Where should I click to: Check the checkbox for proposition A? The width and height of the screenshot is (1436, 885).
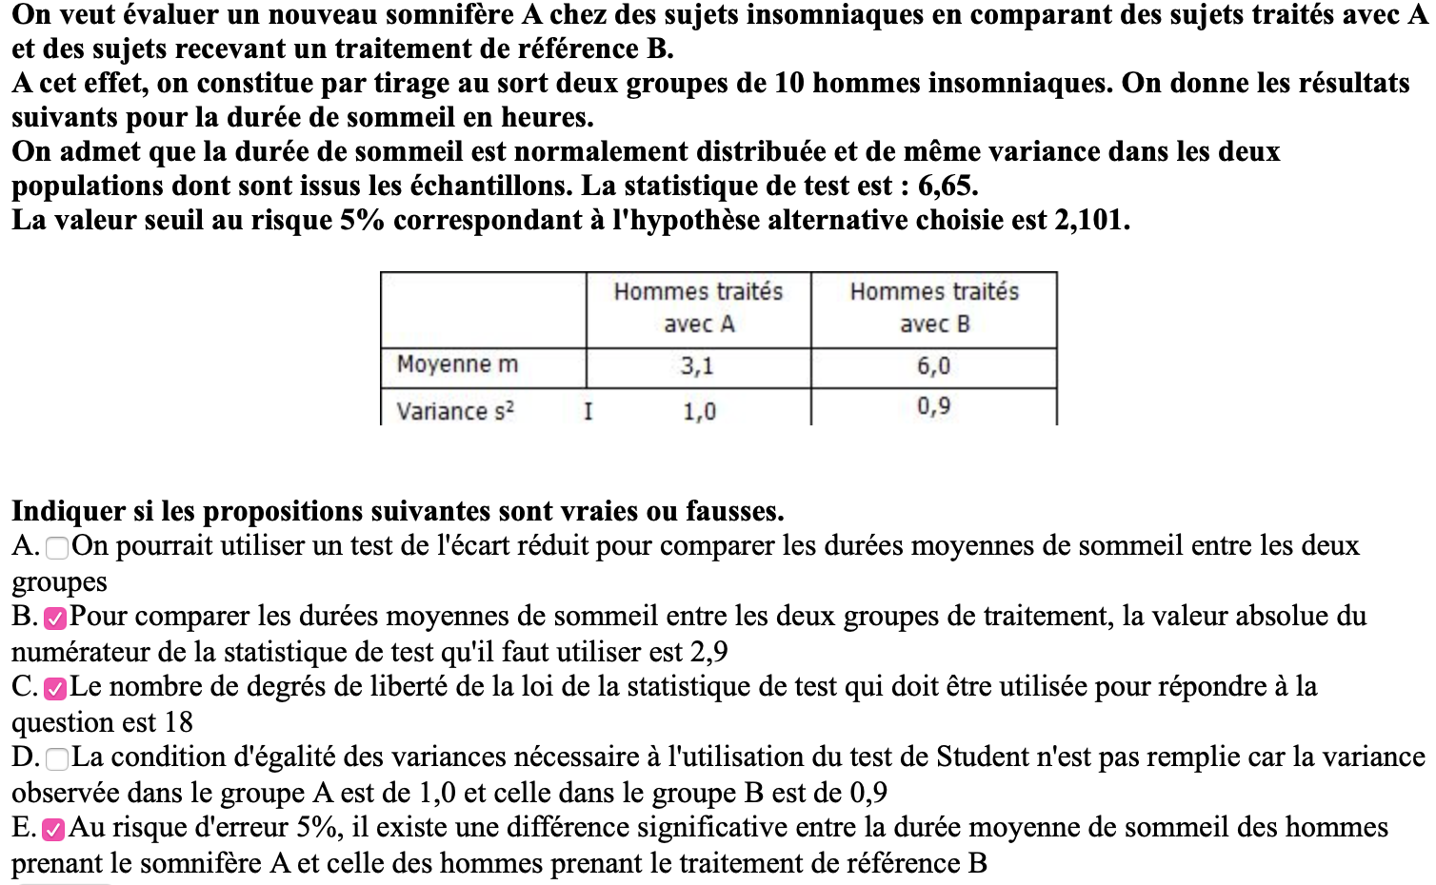click(57, 547)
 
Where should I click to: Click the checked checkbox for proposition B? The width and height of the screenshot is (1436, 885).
click(55, 618)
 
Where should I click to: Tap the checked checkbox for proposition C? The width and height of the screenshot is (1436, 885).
click(55, 688)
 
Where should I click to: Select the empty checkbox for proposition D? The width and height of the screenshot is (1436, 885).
click(57, 758)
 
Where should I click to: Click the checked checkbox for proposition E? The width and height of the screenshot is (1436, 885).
click(54, 829)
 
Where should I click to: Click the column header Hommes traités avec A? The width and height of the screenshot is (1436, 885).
click(698, 307)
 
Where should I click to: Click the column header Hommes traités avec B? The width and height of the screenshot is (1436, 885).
click(934, 307)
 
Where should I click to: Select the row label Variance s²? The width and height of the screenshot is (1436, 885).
click(455, 411)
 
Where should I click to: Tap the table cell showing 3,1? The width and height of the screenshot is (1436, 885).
click(697, 366)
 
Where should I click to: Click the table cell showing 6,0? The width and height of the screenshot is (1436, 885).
click(933, 366)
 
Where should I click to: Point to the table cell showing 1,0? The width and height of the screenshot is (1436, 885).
click(699, 411)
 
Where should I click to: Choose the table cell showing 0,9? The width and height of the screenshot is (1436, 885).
click(933, 407)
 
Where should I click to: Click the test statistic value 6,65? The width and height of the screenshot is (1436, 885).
click(947, 186)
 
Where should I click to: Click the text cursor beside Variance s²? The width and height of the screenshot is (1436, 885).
click(588, 411)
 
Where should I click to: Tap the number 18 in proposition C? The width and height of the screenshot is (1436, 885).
click(178, 722)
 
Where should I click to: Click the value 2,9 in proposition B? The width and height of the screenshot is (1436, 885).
click(708, 652)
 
